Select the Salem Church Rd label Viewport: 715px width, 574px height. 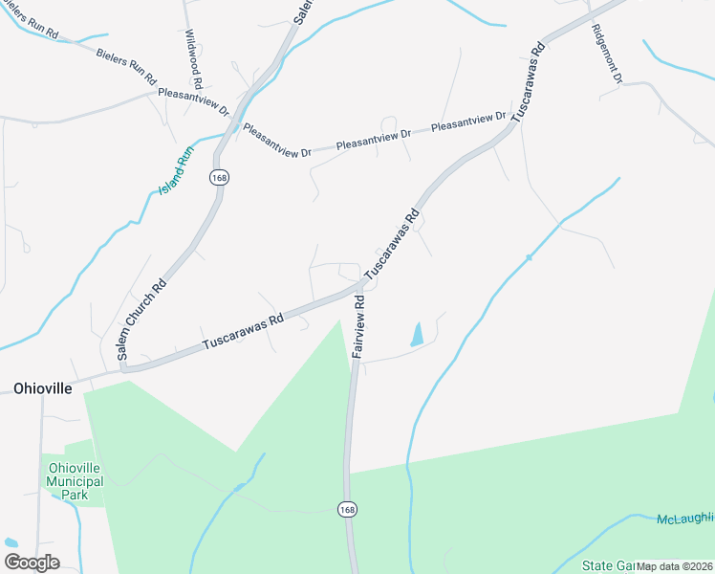click(x=143, y=319)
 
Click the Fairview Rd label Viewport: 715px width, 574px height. click(x=360, y=325)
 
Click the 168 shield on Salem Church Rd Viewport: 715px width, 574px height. click(x=221, y=178)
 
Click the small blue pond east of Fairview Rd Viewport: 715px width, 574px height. click(x=417, y=334)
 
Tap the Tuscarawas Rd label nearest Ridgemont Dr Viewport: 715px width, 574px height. click(x=529, y=82)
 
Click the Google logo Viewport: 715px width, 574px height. click(x=32, y=563)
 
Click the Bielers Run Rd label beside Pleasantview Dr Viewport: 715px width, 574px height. click(x=125, y=63)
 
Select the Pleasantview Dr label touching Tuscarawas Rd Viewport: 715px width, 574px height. click(x=468, y=122)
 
